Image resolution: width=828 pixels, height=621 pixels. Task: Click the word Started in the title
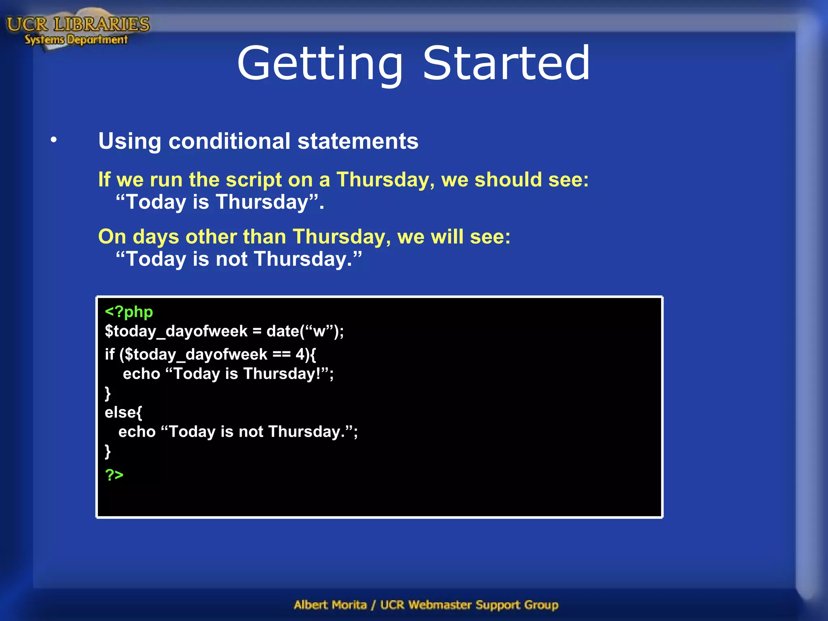pos(506,63)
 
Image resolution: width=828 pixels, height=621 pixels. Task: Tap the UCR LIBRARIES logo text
pos(78,24)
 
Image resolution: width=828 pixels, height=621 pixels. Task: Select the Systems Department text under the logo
pos(76,40)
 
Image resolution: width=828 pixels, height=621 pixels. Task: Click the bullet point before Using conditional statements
pos(54,140)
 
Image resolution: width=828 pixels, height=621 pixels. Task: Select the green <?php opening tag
pos(129,312)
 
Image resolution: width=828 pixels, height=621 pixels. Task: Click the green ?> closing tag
pos(114,474)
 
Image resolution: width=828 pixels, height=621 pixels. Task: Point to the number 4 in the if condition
pos(300,354)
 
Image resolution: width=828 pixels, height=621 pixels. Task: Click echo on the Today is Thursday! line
pos(142,374)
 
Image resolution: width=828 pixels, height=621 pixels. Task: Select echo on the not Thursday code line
pos(137,432)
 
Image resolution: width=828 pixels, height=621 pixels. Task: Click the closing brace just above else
pos(108,393)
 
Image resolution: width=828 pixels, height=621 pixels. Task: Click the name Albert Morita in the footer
pos(330,605)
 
